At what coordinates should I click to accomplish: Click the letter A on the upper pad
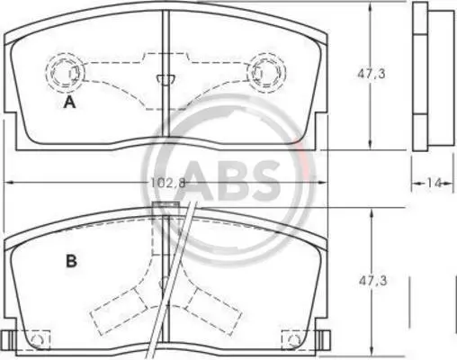(x=70, y=103)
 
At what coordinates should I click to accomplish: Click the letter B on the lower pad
(x=71, y=261)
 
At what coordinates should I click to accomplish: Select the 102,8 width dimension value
(x=168, y=182)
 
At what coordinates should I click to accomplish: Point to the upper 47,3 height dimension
(x=372, y=74)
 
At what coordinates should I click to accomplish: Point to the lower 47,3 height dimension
(x=373, y=281)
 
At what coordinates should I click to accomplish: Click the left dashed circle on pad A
(x=65, y=71)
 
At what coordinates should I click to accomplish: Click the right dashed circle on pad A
(x=266, y=72)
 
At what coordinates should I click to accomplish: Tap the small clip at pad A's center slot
(x=166, y=79)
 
